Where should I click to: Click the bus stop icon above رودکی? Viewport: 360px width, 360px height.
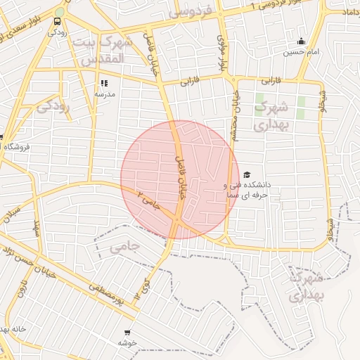[57, 22]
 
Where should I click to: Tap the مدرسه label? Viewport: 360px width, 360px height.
[105, 94]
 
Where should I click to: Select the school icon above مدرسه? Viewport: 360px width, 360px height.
[105, 83]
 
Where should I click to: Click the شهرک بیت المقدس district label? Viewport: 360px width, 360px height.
[103, 51]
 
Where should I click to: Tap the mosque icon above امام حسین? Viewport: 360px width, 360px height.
[302, 41]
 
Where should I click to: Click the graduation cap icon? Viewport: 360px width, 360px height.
[246, 174]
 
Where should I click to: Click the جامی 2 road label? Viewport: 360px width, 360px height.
[148, 201]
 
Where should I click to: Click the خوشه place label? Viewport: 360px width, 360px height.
[127, 342]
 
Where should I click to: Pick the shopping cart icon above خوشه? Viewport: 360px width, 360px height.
[127, 332]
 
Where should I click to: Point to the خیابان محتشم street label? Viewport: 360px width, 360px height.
[237, 116]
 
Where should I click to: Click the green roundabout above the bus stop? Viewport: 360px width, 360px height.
[59, 11]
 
